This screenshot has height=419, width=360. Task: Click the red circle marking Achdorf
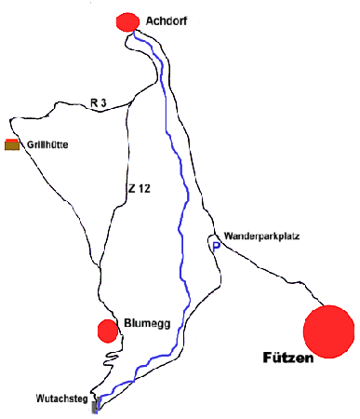pos(126,20)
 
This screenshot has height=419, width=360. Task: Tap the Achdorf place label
pos(167,20)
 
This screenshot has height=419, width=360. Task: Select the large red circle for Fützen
pos(329,329)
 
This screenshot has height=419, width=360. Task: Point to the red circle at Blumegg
pos(108,330)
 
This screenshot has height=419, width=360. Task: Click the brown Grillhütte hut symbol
pos(12,144)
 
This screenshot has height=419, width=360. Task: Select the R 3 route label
pos(100,102)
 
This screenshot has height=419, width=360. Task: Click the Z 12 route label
pos(139,189)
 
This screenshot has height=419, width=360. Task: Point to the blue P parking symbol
pos(216,247)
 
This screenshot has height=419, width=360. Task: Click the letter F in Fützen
pos(268,358)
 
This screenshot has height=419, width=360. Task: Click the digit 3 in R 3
pos(106,102)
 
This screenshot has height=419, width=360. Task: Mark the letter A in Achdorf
pos(151,20)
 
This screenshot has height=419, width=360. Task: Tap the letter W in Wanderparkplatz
pos(228,237)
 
